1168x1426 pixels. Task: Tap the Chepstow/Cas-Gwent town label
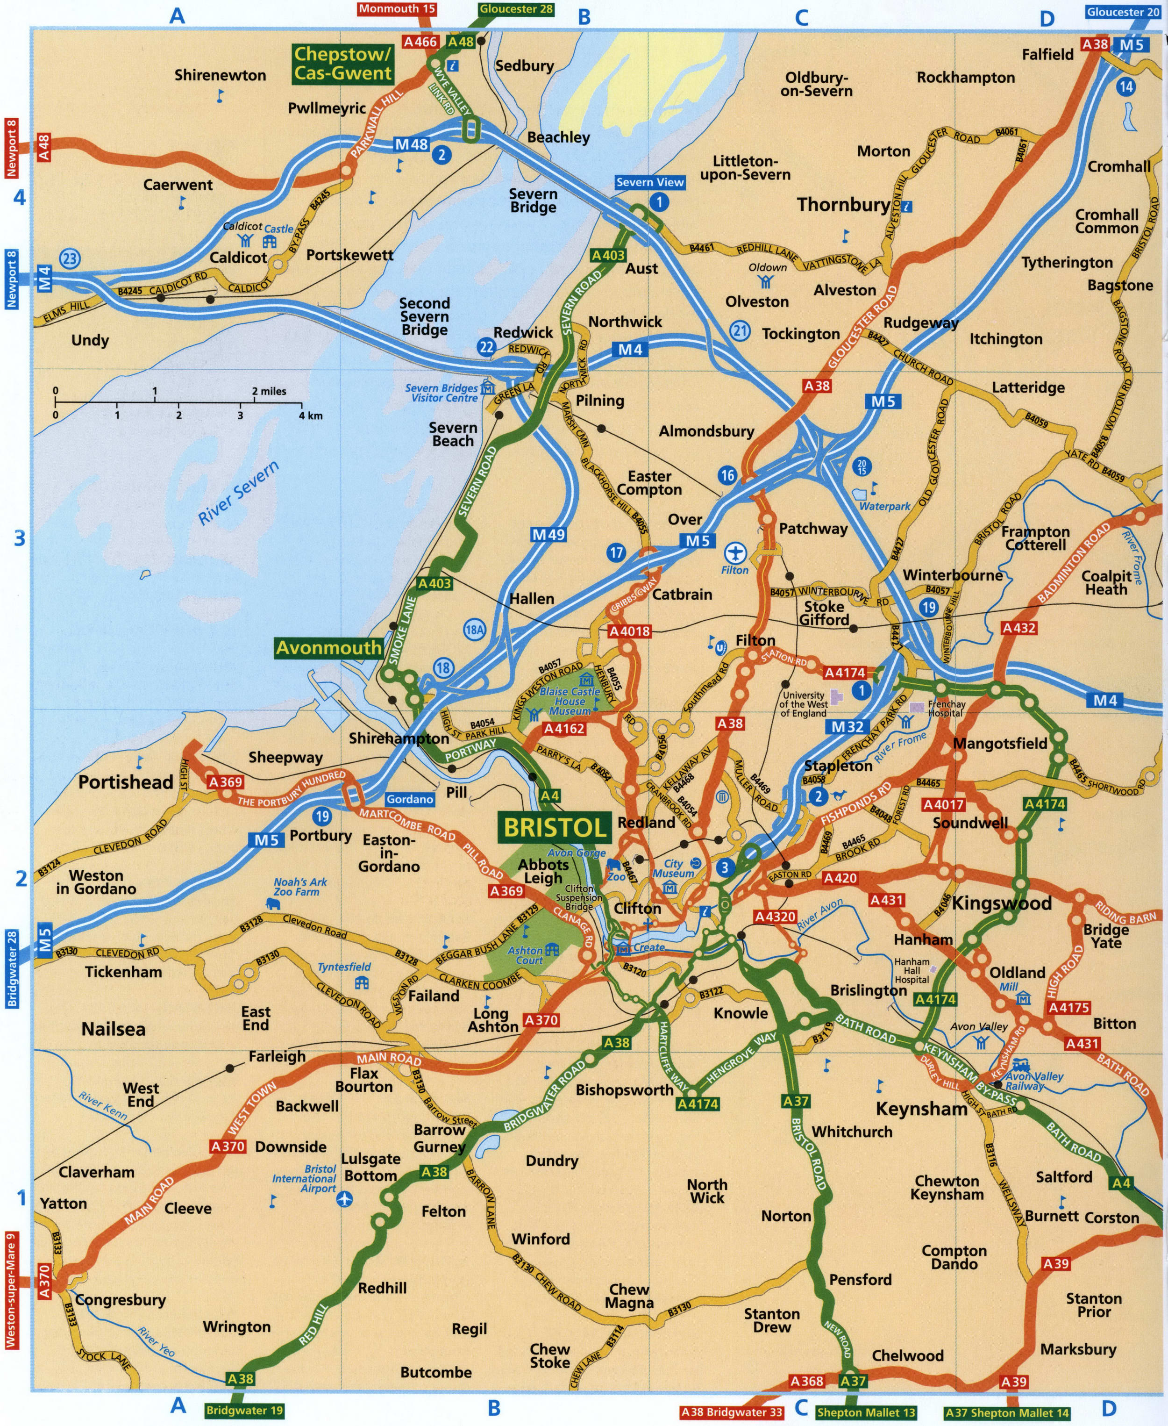coord(342,64)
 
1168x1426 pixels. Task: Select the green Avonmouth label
coord(328,648)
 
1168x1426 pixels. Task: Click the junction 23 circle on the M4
coord(70,258)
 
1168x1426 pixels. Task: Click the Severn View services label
coord(649,182)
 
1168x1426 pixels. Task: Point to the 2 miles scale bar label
coord(269,391)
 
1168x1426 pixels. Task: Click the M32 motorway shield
coord(847,727)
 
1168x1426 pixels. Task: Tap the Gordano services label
coord(409,799)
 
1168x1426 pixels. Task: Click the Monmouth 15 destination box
coord(397,9)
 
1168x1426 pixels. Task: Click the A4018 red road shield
coord(629,631)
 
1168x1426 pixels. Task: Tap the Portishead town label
coord(126,782)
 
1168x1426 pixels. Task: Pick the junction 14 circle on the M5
coord(1125,86)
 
